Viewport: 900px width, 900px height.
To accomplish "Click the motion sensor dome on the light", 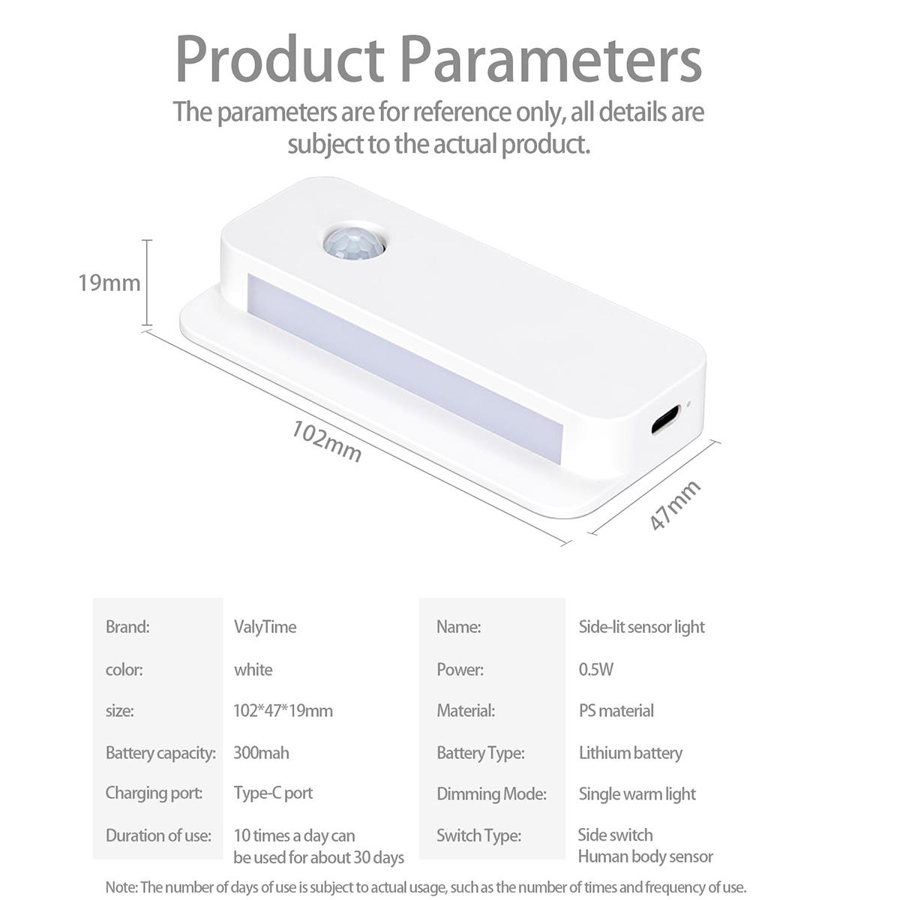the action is tap(353, 244).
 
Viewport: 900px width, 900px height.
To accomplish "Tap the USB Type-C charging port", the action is tap(665, 419).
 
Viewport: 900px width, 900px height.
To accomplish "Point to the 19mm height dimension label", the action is tap(109, 283).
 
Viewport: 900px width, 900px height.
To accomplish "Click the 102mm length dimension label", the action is tap(326, 441).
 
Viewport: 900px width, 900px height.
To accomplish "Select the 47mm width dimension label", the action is tap(675, 505).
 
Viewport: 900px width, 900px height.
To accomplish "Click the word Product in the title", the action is tap(280, 59).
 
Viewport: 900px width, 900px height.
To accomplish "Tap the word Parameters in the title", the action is tap(551, 59).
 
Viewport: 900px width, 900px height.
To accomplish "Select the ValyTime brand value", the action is tap(265, 627).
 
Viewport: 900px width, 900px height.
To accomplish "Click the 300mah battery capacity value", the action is tap(261, 752).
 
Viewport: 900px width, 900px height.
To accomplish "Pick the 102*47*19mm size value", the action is tap(283, 710).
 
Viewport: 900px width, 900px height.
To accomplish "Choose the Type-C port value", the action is tap(273, 793).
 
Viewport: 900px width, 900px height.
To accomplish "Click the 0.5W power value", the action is tap(596, 669).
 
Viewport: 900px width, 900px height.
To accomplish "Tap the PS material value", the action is tap(616, 710).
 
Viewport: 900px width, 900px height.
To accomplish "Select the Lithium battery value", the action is tap(631, 753).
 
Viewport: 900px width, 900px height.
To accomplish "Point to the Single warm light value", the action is tap(637, 794).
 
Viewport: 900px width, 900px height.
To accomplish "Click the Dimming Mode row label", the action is tap(492, 794).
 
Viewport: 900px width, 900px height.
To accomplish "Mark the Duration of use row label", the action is tap(158, 835).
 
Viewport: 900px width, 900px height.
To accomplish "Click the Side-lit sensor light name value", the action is tap(642, 627).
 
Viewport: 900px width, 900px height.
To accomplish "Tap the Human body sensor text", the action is tap(646, 856).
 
